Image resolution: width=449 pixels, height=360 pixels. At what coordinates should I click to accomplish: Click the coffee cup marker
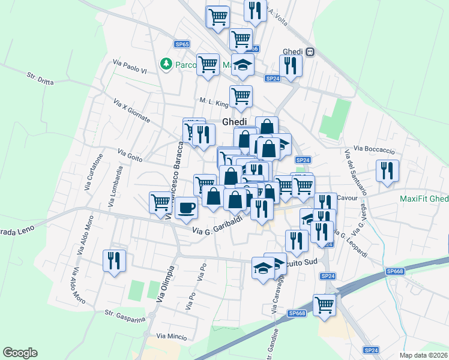click(186, 208)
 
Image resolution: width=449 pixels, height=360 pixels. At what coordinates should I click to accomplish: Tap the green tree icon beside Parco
click(166, 64)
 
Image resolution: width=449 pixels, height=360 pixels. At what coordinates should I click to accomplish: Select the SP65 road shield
click(182, 44)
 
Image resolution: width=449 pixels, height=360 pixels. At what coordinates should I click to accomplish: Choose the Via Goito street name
click(130, 155)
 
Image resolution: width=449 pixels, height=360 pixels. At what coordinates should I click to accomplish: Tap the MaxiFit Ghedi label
click(424, 199)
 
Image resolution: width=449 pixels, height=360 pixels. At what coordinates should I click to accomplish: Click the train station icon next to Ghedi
click(310, 52)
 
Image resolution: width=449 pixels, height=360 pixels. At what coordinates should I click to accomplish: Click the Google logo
click(20, 353)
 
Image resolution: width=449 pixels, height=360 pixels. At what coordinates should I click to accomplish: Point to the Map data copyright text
click(424, 355)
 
